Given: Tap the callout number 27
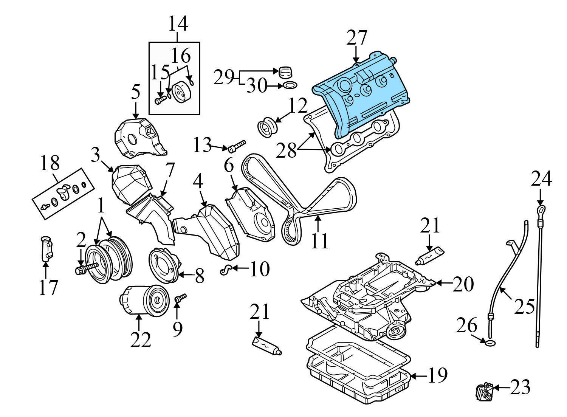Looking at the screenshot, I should tap(357, 38).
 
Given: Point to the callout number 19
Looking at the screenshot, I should tap(437, 375).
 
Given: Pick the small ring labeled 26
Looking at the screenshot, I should tap(490, 343).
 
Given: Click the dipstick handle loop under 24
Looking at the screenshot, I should tap(541, 210).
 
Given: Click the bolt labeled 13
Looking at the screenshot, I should tap(236, 146).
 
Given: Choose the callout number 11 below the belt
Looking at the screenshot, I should tap(319, 241).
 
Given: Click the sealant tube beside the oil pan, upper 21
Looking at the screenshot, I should tap(430, 255).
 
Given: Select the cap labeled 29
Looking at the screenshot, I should tap(286, 71).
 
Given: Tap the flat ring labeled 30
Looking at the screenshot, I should tap(290, 86).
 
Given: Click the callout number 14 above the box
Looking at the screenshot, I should tap(178, 23).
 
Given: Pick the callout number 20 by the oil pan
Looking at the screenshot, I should tap(463, 284).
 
